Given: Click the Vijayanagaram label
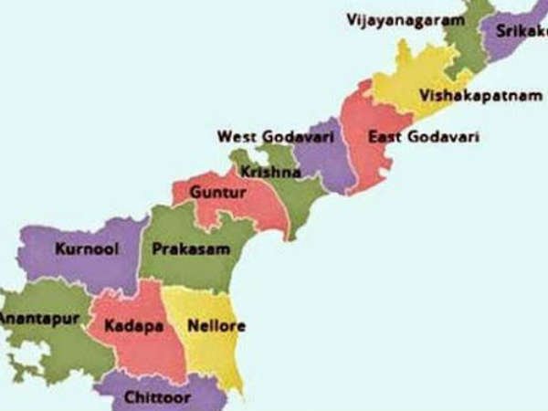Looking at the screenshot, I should click(x=399, y=19).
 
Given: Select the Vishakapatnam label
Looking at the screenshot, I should click(x=469, y=95).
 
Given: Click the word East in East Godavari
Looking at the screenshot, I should click(x=384, y=137).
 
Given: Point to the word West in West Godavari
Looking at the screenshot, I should click(x=234, y=137).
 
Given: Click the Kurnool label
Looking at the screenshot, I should click(x=86, y=248).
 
